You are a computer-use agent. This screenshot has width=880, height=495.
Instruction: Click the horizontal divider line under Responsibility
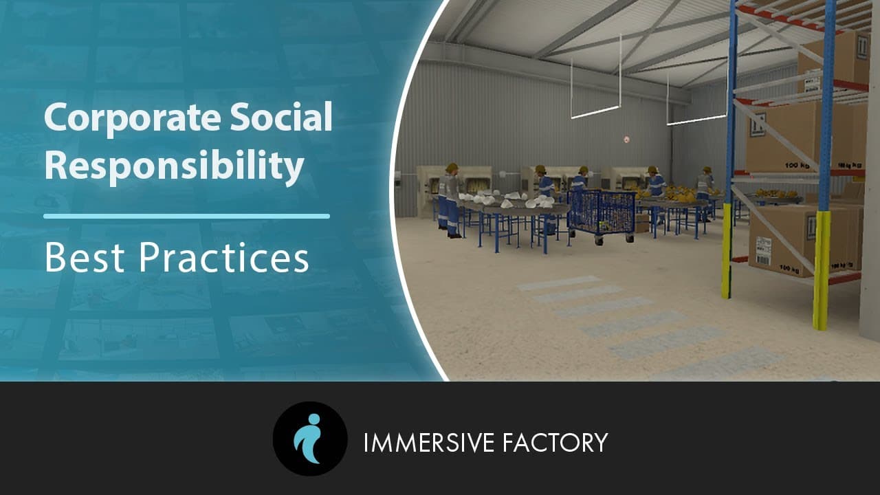coord(186,216)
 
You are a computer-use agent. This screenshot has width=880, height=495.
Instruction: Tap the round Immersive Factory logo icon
coord(309,439)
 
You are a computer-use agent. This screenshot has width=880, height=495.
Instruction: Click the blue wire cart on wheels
coord(601,213)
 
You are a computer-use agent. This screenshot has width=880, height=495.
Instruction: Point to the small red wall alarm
coord(626,139)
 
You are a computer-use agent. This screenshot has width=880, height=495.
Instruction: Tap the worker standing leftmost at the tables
coord(451,200)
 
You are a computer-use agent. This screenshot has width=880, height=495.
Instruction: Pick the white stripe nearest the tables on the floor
coord(558,282)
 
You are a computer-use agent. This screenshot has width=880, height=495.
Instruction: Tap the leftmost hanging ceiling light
coord(595,110)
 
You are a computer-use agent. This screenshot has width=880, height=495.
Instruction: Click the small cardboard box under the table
coord(642,221)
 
